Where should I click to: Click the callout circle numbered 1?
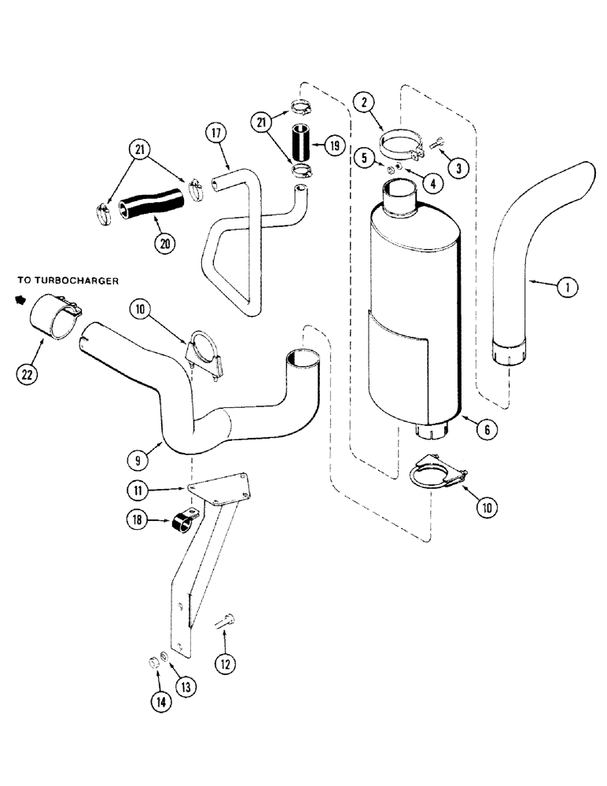(x=565, y=288)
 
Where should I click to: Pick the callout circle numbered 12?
(x=226, y=664)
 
